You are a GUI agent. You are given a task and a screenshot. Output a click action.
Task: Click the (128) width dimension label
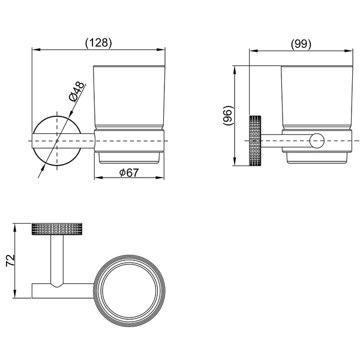[x=98, y=43]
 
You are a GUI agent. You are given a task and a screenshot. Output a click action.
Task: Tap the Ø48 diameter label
[x=77, y=92]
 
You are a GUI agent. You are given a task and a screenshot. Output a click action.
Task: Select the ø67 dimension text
[x=129, y=173]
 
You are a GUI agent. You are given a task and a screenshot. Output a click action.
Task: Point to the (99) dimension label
[x=301, y=44]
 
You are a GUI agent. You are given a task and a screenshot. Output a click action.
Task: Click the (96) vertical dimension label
[x=228, y=115]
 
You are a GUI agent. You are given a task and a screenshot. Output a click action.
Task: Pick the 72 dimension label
[x=10, y=260]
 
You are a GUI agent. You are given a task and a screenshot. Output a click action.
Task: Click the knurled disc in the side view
[x=255, y=141]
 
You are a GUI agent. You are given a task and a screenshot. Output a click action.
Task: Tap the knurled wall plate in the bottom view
[x=57, y=229]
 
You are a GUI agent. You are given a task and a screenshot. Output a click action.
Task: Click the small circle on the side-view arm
[x=317, y=141]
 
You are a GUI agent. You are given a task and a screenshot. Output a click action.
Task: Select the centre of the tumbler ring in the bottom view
[x=130, y=291]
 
